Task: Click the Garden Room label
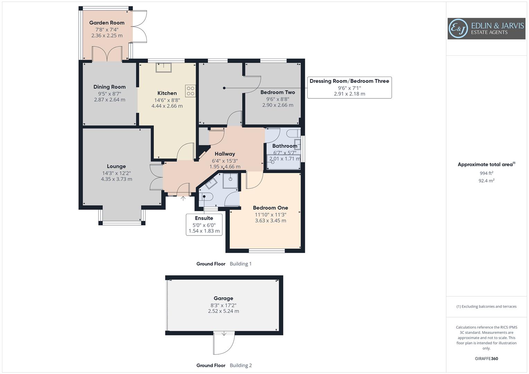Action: pyautogui.click(x=107, y=23)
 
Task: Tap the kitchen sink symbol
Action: pyautogui.click(x=164, y=67)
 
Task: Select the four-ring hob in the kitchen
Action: pyautogui.click(x=191, y=91)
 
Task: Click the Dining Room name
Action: pyautogui.click(x=109, y=87)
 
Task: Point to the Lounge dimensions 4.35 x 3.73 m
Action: pyautogui.click(x=116, y=179)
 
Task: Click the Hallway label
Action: pyautogui.click(x=225, y=154)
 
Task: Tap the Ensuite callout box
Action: pyautogui.click(x=204, y=224)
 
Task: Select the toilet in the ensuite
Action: pyautogui.click(x=206, y=197)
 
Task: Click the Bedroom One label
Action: pyautogui.click(x=270, y=208)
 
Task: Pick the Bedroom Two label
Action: pyautogui.click(x=277, y=92)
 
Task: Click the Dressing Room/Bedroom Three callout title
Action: pyautogui.click(x=349, y=81)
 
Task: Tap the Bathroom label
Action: pyautogui.click(x=284, y=146)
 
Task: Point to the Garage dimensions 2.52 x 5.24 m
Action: pyautogui.click(x=223, y=311)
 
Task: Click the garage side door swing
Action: pyautogui.click(x=223, y=344)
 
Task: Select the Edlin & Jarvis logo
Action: pyautogui.click(x=486, y=29)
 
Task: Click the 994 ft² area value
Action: pyautogui.click(x=486, y=173)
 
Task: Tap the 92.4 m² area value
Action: pyautogui.click(x=486, y=180)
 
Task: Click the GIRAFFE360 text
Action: pyautogui.click(x=486, y=358)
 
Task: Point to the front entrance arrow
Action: pyautogui.click(x=183, y=198)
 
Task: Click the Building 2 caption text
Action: pyautogui.click(x=241, y=365)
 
